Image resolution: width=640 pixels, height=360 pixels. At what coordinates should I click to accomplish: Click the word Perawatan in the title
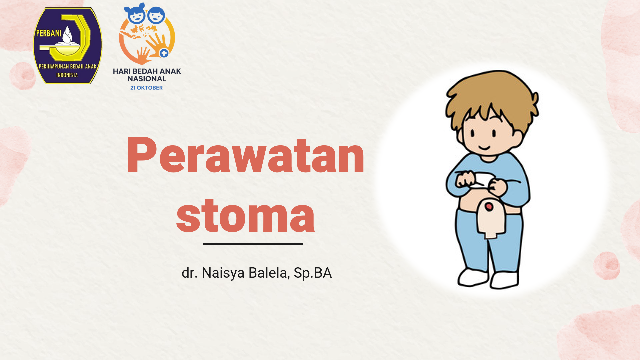(246, 155)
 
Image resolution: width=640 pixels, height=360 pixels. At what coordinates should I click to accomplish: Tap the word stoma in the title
(246, 215)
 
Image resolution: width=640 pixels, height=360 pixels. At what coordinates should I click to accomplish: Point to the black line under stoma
(253, 244)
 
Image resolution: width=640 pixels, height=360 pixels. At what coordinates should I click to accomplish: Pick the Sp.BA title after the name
(313, 273)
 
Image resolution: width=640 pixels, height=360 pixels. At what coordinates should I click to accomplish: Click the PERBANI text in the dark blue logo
(49, 33)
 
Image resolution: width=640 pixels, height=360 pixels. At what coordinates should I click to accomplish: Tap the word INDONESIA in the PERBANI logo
(67, 75)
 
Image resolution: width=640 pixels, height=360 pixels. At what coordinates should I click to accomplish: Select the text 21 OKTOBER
(147, 88)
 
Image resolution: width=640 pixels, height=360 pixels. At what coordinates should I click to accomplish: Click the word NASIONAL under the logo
(147, 79)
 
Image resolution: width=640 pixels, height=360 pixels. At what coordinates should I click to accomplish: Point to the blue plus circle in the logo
(164, 53)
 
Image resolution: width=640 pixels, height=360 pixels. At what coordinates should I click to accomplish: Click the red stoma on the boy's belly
(489, 207)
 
